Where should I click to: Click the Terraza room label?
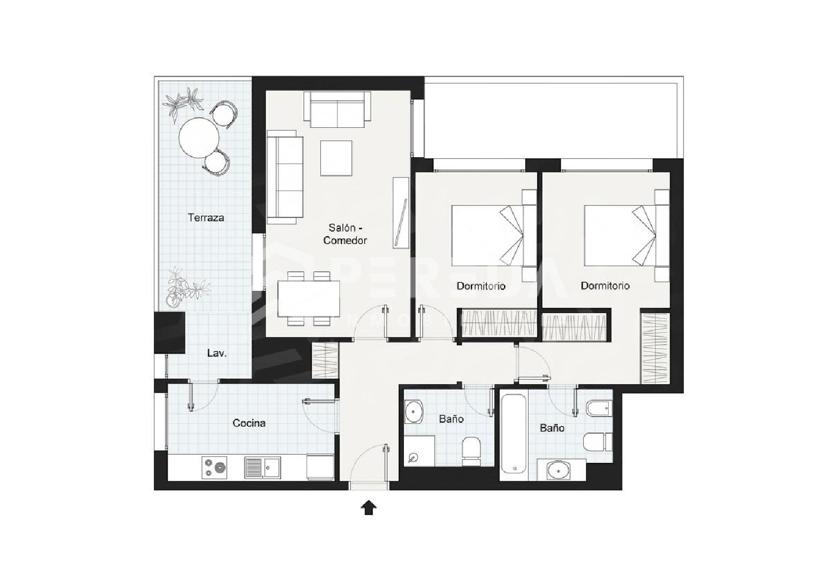pyautogui.click(x=206, y=217)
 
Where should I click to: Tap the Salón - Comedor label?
pyautogui.click(x=345, y=234)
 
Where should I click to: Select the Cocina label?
pyautogui.click(x=249, y=423)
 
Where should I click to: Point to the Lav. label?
pyautogui.click(x=216, y=353)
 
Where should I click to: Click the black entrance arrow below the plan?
pyautogui.click(x=369, y=507)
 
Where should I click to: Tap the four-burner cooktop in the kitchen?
pyautogui.click(x=215, y=467)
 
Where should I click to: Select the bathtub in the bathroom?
pyautogui.click(x=513, y=434)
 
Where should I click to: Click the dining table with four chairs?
pyautogui.click(x=308, y=299)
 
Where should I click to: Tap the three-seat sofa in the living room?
pyautogui.click(x=285, y=177)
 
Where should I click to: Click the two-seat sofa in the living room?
pyautogui.click(x=338, y=110)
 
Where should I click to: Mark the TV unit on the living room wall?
pyautogui.click(x=400, y=213)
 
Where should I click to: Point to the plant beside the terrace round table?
pyautogui.click(x=183, y=103)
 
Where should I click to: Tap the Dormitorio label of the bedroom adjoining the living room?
pyautogui.click(x=481, y=286)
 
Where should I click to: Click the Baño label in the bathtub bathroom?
pyautogui.click(x=552, y=428)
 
